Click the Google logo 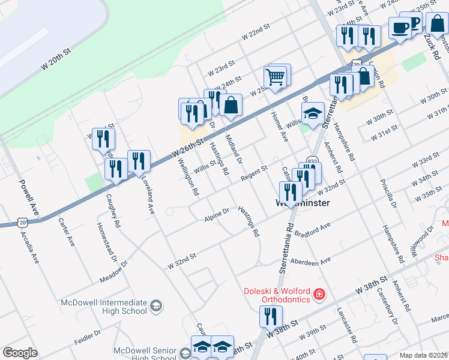pyautogui.click(x=20, y=352)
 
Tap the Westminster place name pyautogui.click(x=302, y=203)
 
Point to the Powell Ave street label pyautogui.click(x=29, y=197)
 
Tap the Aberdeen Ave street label pyautogui.click(x=310, y=262)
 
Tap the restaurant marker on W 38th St pyautogui.click(x=270, y=316)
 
